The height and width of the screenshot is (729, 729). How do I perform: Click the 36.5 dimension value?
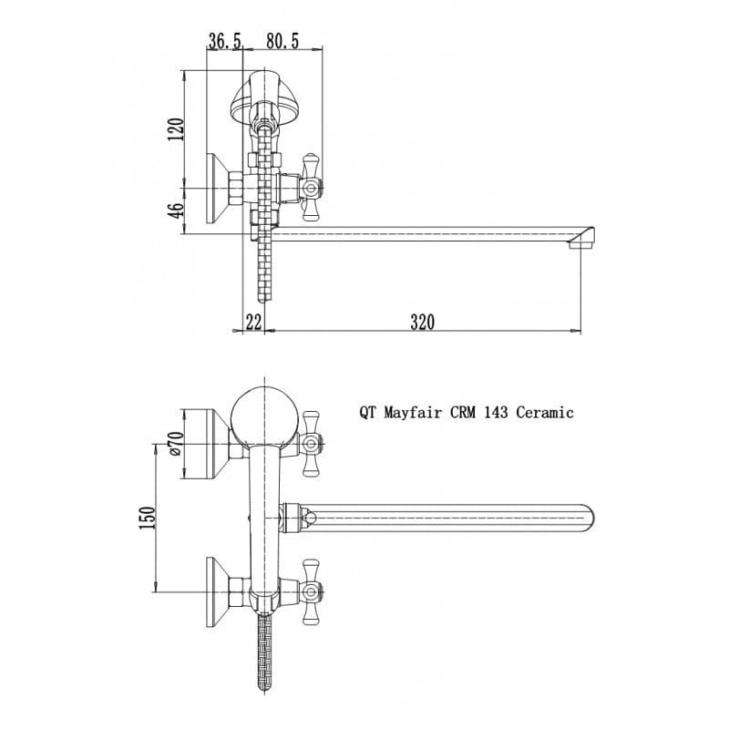[x=224, y=41]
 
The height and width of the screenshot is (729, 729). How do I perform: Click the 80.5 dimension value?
[x=282, y=41]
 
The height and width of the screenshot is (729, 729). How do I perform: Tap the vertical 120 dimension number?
[x=176, y=129]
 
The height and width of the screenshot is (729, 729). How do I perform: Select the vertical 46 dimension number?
[x=176, y=210]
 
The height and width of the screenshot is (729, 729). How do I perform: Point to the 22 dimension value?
[x=253, y=322]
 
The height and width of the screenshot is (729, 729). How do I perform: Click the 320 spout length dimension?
[x=422, y=322]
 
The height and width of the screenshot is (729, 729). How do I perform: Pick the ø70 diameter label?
[x=176, y=443]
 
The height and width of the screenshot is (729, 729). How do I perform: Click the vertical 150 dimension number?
[x=147, y=518]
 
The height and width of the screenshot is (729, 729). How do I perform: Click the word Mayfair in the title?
[x=413, y=413]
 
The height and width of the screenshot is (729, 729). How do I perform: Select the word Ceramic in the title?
[x=545, y=412]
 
